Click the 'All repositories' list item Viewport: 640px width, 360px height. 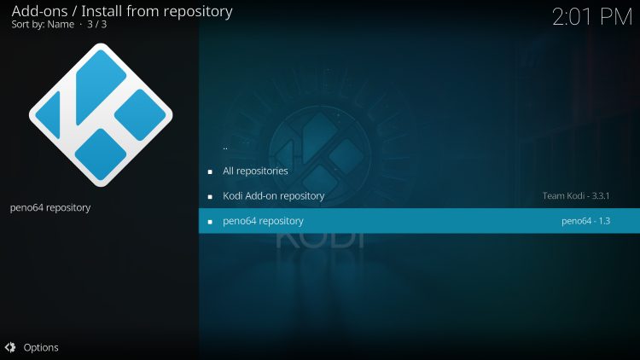[255, 171]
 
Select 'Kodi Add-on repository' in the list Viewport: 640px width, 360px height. [273, 196]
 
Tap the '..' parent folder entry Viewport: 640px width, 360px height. [225, 148]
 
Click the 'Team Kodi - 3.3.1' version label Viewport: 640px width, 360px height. [576, 196]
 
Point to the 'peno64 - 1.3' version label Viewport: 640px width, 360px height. [585, 221]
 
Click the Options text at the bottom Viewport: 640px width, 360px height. [41, 347]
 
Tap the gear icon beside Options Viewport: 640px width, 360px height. [10, 347]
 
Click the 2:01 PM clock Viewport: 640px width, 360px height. [592, 17]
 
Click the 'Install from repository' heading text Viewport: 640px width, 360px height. [157, 11]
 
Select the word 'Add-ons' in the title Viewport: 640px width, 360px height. [39, 11]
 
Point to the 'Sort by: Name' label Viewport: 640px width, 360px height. [43, 25]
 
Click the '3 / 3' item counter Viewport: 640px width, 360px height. [97, 25]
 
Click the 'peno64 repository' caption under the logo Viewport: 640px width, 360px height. [50, 208]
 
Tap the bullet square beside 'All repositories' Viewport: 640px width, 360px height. [210, 172]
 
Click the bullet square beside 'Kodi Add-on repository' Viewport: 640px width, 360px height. [210, 197]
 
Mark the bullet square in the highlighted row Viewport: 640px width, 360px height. [210, 222]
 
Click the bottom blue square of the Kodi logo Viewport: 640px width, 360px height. [101, 154]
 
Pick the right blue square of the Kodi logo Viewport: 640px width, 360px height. [140, 115]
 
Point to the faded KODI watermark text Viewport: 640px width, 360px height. [320, 240]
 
